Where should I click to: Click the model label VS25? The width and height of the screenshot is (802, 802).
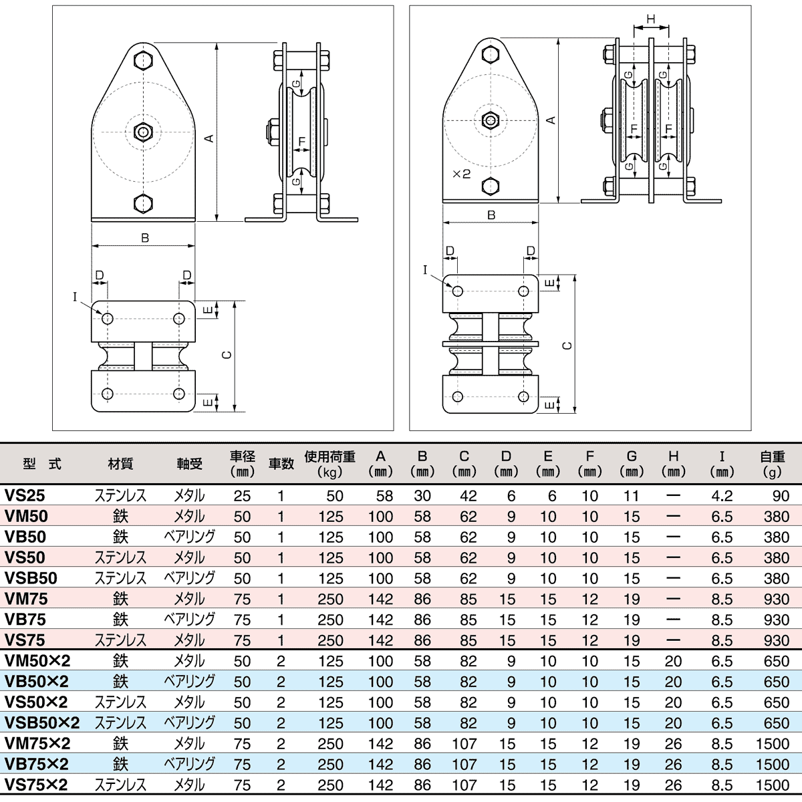click(25, 496)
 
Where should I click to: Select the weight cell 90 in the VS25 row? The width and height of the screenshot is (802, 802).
click(781, 496)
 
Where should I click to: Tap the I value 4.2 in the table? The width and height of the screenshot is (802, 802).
click(722, 496)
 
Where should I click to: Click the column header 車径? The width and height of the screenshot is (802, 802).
click(242, 456)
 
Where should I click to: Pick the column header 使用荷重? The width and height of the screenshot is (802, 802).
click(329, 456)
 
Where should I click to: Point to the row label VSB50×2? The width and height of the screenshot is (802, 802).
click(41, 723)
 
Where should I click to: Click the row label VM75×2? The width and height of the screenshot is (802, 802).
click(37, 743)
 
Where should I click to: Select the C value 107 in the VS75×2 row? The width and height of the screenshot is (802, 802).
click(464, 785)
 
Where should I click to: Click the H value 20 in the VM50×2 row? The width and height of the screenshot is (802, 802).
click(673, 661)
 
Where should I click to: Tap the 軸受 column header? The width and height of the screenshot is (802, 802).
click(189, 464)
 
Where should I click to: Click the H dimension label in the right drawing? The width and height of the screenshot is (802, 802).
click(652, 19)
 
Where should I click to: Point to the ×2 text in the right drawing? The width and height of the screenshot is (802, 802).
click(461, 174)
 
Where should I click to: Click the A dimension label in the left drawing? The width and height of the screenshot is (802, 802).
click(209, 138)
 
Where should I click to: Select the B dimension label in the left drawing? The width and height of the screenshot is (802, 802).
click(144, 238)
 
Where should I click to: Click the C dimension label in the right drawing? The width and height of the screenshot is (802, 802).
click(567, 346)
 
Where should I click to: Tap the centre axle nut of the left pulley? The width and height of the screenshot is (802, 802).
click(144, 132)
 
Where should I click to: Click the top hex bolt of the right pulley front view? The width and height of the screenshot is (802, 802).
click(491, 53)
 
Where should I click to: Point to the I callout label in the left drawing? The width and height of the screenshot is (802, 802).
click(75, 297)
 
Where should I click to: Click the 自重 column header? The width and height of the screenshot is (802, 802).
click(772, 456)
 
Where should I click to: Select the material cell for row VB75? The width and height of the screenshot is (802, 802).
click(120, 620)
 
